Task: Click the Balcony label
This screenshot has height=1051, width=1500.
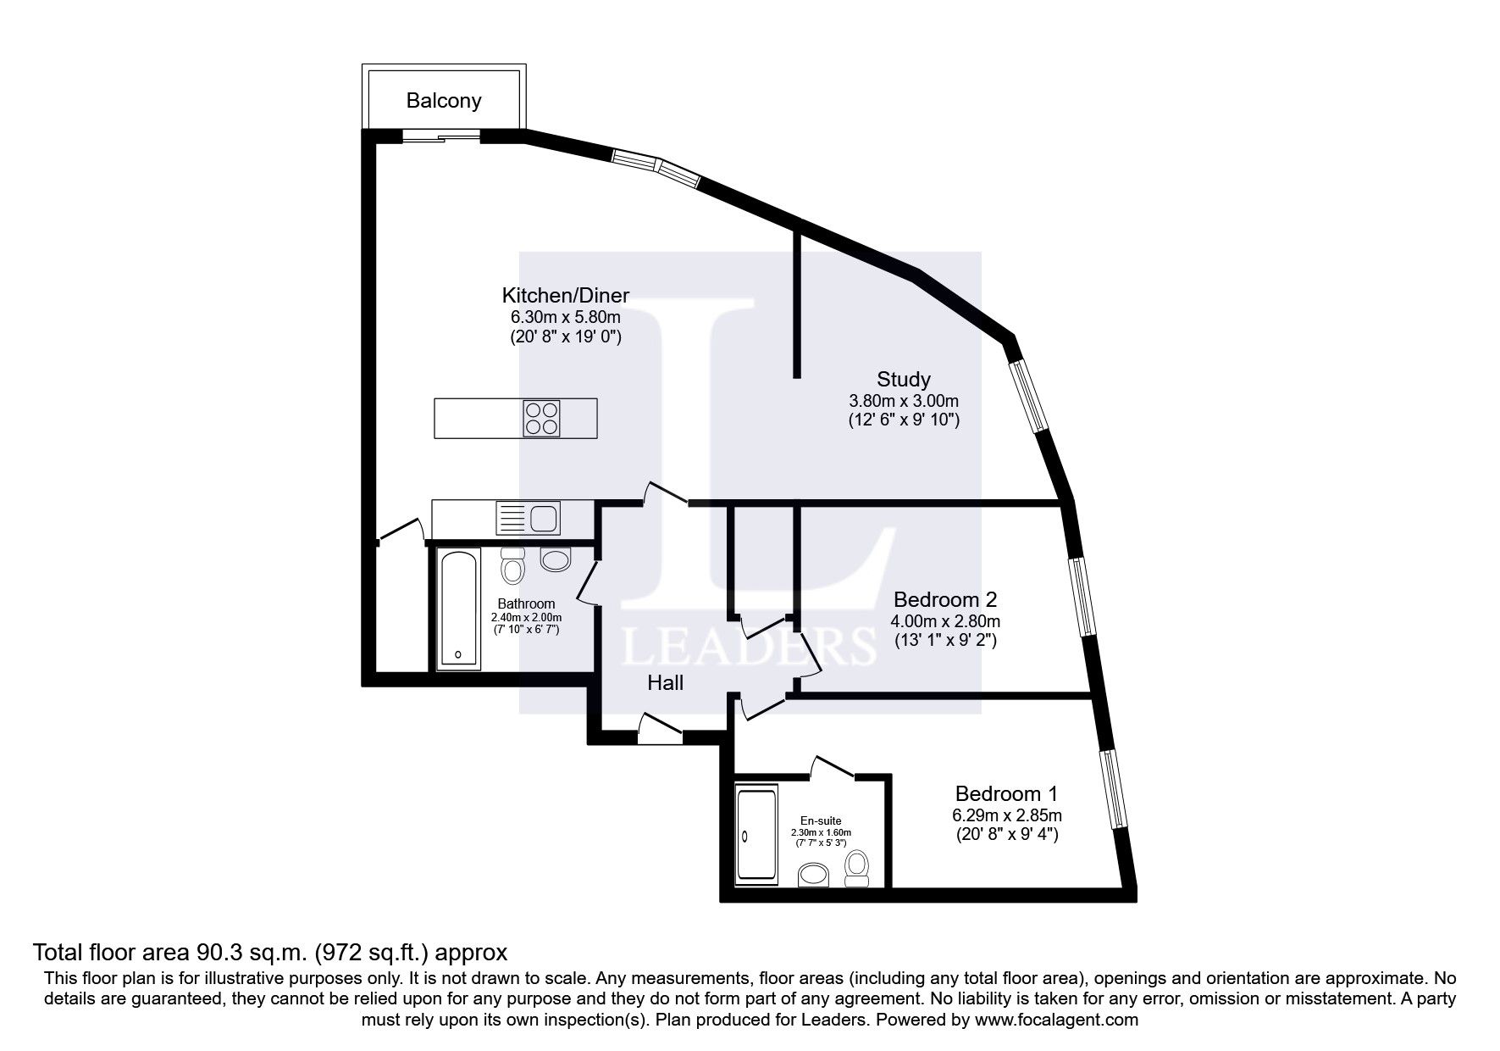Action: pos(443,101)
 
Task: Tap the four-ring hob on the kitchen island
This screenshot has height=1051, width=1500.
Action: pos(542,418)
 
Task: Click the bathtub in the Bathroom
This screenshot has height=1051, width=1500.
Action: pos(458,609)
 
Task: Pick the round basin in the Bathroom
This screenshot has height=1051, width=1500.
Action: pos(556,559)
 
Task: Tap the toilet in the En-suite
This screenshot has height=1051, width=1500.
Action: pos(857,868)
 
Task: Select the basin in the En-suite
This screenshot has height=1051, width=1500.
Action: pos(815,875)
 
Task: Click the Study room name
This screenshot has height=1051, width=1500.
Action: pos(903,379)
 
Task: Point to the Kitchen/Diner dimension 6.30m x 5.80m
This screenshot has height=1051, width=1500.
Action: pos(565,317)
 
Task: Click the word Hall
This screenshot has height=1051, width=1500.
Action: pos(665,682)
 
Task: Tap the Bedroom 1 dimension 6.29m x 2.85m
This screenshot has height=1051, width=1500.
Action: pos(1006,815)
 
